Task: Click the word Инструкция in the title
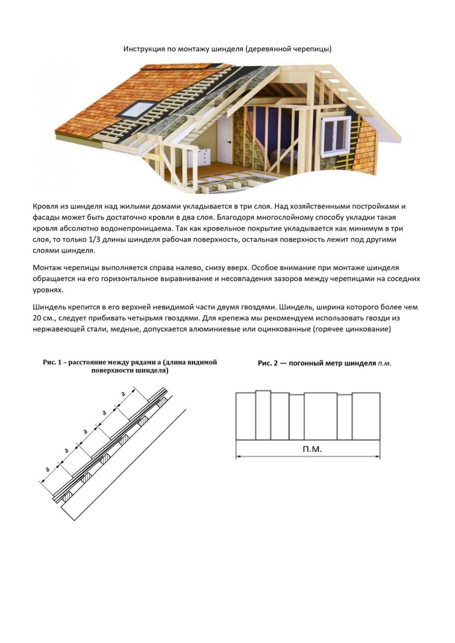[x=144, y=49]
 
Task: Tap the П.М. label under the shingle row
[x=308, y=448]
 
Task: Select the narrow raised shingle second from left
[x=263, y=415]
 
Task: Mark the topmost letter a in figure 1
[x=123, y=393]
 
